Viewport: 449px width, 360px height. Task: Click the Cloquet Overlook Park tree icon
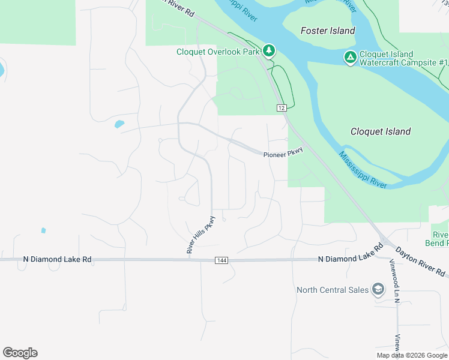click(x=270, y=50)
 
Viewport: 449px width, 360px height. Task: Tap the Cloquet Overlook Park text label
click(x=218, y=52)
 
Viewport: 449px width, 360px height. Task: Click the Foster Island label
click(x=328, y=31)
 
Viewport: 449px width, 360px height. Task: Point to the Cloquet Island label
click(x=381, y=131)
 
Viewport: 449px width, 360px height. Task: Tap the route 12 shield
click(x=281, y=107)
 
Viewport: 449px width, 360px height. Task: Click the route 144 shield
click(x=221, y=260)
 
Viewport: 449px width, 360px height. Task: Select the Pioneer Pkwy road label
click(x=283, y=154)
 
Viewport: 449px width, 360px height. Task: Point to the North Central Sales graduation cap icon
click(x=378, y=290)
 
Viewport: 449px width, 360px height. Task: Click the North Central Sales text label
click(x=333, y=290)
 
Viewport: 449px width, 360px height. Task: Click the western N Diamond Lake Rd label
click(x=57, y=259)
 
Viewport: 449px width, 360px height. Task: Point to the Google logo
click(x=20, y=353)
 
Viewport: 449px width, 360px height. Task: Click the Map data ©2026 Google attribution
click(x=412, y=355)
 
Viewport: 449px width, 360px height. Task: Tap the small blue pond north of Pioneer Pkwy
click(x=119, y=124)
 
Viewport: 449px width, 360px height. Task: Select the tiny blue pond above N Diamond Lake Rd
click(x=43, y=230)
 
